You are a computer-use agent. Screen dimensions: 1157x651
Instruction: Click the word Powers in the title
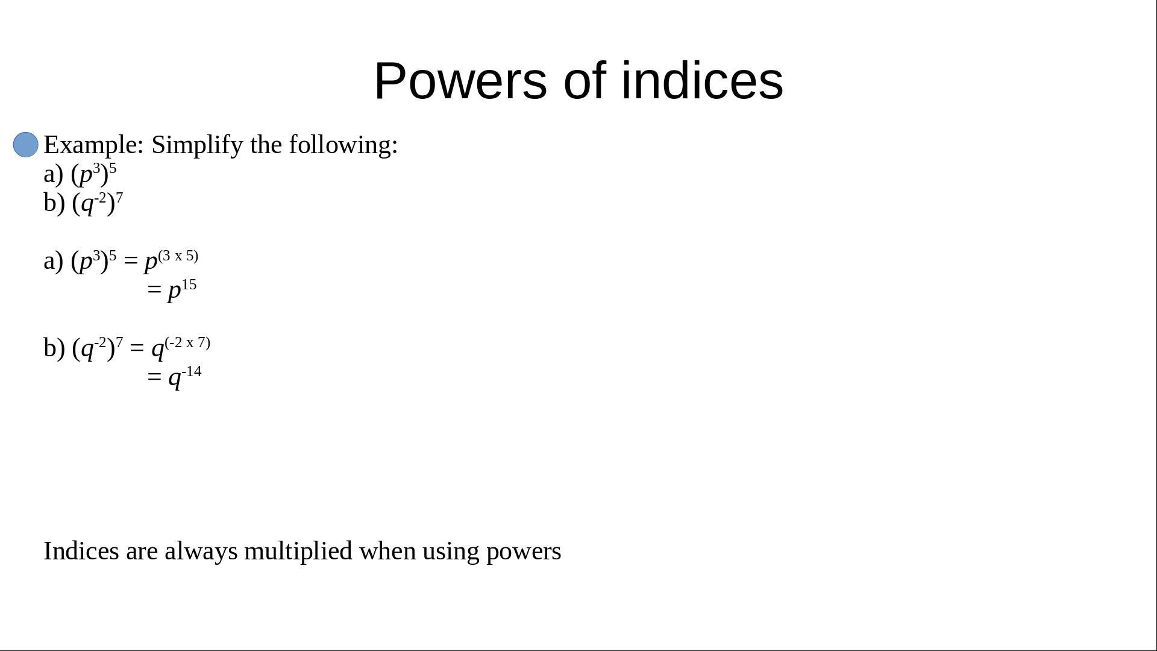[460, 81]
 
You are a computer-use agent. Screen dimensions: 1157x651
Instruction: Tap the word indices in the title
[702, 81]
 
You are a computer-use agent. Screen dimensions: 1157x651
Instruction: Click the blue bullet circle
[26, 145]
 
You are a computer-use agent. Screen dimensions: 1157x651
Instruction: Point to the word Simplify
[197, 145]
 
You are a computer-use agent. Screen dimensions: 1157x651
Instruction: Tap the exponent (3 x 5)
[178, 256]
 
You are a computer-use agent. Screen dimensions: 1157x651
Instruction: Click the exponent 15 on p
[189, 285]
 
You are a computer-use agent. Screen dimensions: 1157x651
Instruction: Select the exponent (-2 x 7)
[187, 342]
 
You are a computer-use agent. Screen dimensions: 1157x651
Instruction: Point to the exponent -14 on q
[192, 371]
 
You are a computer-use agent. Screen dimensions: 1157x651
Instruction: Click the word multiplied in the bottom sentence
[298, 552]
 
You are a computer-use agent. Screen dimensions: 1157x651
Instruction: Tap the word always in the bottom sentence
[201, 552]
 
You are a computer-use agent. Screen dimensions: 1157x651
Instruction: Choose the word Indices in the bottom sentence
[81, 551]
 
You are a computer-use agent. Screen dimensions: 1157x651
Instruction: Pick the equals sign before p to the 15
[154, 291]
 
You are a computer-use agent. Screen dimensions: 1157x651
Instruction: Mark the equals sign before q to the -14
[154, 377]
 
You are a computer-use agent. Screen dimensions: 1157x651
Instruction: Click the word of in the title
[585, 81]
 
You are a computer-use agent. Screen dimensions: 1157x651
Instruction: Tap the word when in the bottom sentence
[387, 552]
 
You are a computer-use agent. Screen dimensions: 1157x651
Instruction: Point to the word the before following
[266, 145]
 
